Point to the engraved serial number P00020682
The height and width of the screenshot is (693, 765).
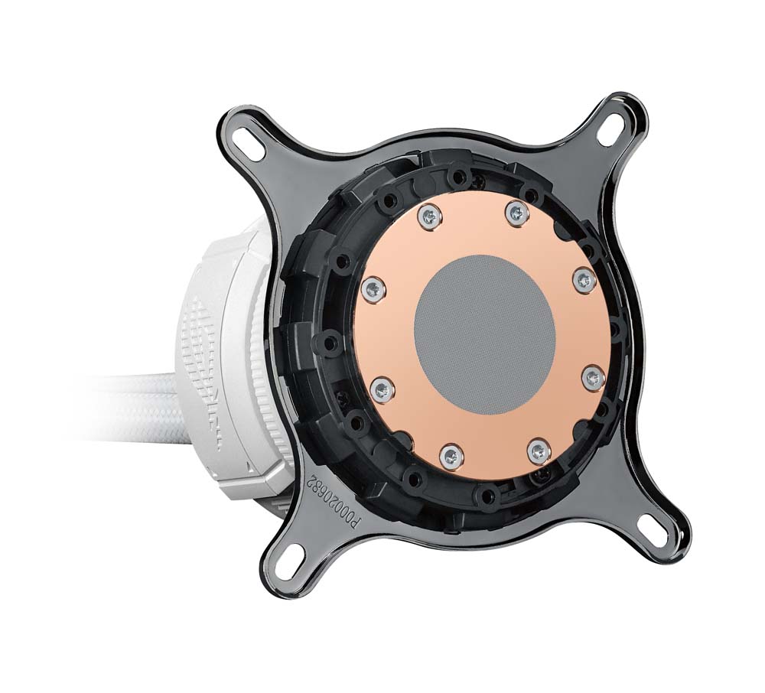[x=333, y=504]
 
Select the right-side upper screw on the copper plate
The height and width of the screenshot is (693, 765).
[x=583, y=279]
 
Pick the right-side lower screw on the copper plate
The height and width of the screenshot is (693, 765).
[x=591, y=376]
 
